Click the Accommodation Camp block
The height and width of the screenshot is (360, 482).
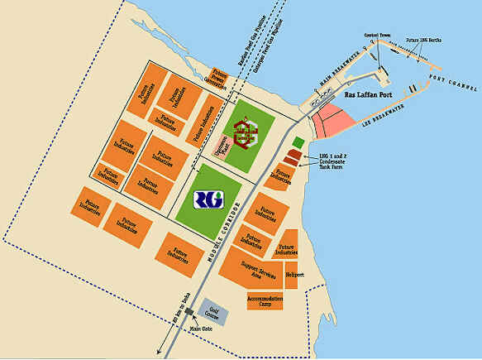pyautogui.click(x=265, y=300)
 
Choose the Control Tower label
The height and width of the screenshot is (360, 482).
pyautogui.click(x=376, y=36)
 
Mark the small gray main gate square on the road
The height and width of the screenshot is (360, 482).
pyautogui.click(x=190, y=311)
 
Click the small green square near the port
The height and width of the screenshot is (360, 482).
pyautogui.click(x=298, y=142)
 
